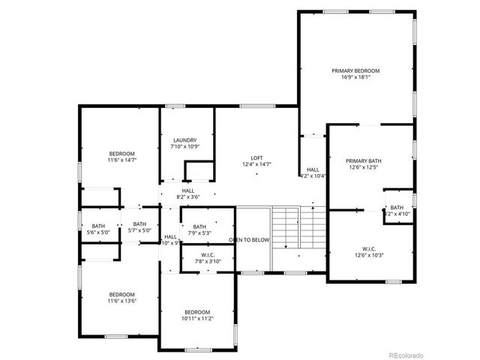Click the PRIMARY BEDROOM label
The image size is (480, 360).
356,70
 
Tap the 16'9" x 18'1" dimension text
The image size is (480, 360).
356,77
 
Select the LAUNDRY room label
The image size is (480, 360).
184,140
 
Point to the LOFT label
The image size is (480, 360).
257,157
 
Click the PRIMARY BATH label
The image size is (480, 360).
364,160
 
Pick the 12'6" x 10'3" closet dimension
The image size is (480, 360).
369,256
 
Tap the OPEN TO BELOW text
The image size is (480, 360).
249,240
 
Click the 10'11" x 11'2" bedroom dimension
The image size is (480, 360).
197,319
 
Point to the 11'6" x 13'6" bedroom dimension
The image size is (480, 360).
121,301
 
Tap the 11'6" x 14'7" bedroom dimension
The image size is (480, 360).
121,160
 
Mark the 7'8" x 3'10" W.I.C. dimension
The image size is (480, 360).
208,262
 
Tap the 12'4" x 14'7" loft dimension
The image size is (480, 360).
257,164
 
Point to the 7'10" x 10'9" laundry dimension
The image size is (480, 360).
184,147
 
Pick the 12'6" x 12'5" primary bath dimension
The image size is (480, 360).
364,167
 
